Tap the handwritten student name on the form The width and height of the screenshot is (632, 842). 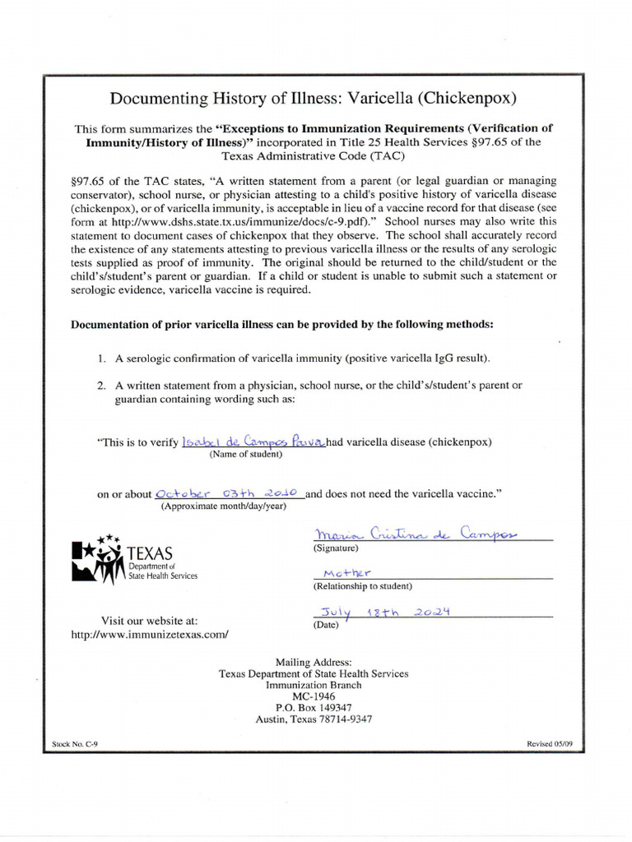coord(253,442)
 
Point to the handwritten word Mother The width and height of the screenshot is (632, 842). coord(347,572)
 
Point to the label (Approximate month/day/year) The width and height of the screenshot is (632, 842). coord(223,507)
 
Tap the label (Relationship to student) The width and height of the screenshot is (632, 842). coord(362,586)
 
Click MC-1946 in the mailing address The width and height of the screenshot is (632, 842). coord(314,696)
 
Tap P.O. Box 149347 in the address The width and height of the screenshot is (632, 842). coord(314,707)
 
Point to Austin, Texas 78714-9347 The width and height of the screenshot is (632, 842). coord(314,719)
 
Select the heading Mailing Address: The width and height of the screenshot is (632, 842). coord(314,662)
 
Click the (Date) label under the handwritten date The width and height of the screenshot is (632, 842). coord(327,625)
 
